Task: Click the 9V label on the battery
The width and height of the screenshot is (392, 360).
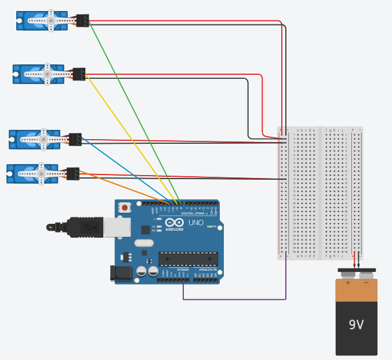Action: [356, 325]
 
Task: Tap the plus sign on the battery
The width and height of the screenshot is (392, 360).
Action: [348, 283]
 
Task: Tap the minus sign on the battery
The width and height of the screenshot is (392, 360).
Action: [365, 283]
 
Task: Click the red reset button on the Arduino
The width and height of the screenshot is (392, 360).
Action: [124, 207]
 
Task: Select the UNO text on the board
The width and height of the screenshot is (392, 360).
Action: [195, 223]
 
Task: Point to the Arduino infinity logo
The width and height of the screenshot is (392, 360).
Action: [174, 222]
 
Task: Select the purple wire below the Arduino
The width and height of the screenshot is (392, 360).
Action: [232, 299]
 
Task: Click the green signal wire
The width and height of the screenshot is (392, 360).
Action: [133, 110]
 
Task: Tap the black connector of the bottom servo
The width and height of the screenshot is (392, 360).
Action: [72, 173]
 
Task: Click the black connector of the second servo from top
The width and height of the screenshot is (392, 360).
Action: [79, 74]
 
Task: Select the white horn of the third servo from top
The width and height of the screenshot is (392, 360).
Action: [43, 139]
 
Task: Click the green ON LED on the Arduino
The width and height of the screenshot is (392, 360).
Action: [208, 226]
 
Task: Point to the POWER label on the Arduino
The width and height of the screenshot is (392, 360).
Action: [183, 270]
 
